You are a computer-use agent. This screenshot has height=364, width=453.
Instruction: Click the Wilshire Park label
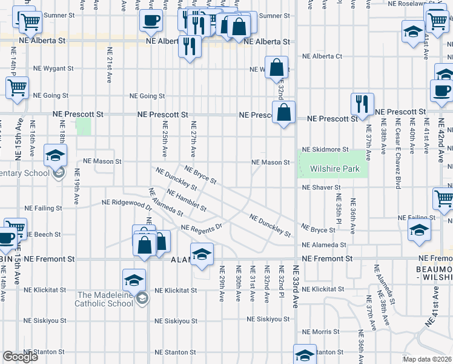click(x=334, y=169)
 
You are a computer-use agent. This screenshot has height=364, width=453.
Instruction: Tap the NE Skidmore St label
click(x=325, y=149)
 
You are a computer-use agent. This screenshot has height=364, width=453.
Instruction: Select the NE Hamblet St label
click(x=187, y=201)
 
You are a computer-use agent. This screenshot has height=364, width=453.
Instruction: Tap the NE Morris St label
click(x=321, y=332)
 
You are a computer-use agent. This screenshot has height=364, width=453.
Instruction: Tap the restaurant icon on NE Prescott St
click(x=362, y=104)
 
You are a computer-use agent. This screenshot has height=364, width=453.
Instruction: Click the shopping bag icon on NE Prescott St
click(x=283, y=112)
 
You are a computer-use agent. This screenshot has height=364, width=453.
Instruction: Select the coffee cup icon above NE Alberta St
click(x=151, y=21)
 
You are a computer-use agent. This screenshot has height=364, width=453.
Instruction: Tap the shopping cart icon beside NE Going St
click(x=18, y=87)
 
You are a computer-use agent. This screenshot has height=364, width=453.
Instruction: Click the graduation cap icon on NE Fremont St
click(x=202, y=254)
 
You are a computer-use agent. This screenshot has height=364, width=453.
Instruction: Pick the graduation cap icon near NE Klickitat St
click(x=134, y=280)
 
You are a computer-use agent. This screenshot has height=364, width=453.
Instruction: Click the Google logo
click(x=20, y=357)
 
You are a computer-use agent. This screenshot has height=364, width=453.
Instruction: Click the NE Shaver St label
click(x=321, y=187)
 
